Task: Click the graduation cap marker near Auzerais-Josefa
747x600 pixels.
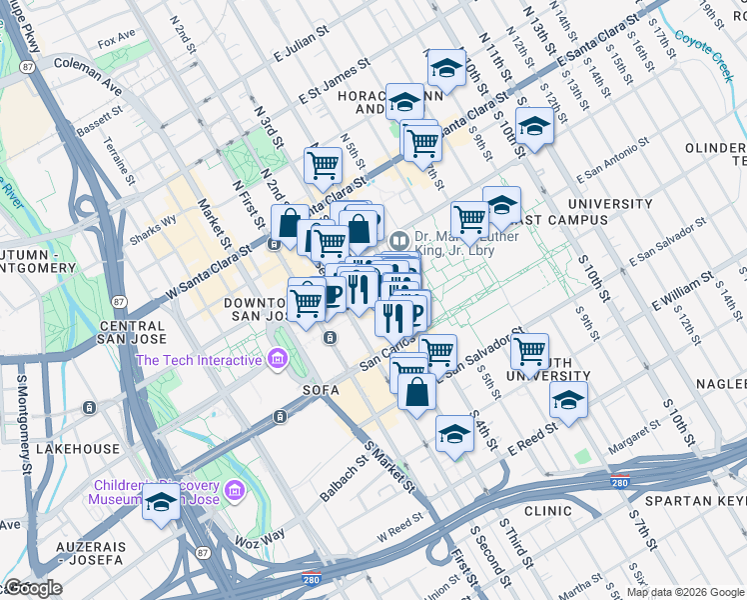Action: coord(161,505)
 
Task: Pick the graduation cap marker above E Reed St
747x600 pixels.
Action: coord(454,435)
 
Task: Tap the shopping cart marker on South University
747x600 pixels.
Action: coord(529,352)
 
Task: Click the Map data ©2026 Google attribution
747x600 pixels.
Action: coord(684,592)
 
